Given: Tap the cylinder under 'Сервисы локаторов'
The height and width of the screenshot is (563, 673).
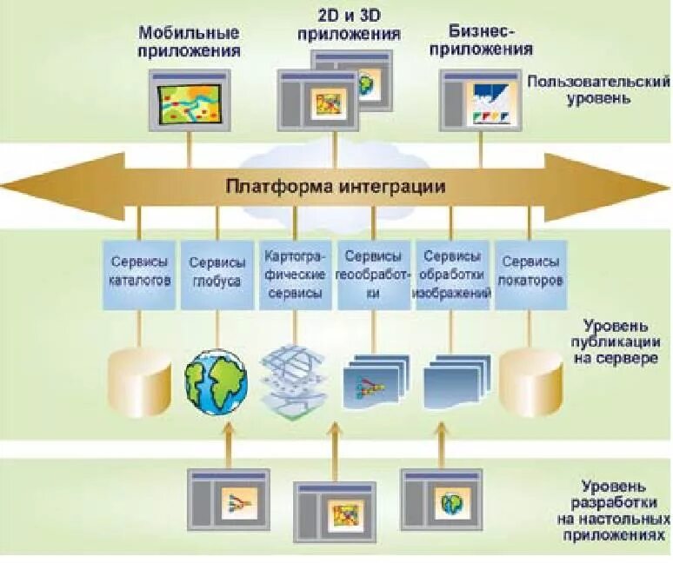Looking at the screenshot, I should point(532,379).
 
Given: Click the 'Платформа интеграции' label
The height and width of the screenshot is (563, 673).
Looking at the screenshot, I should point(336,187).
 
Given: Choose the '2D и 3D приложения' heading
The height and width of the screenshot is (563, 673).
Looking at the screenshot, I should point(349,26).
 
